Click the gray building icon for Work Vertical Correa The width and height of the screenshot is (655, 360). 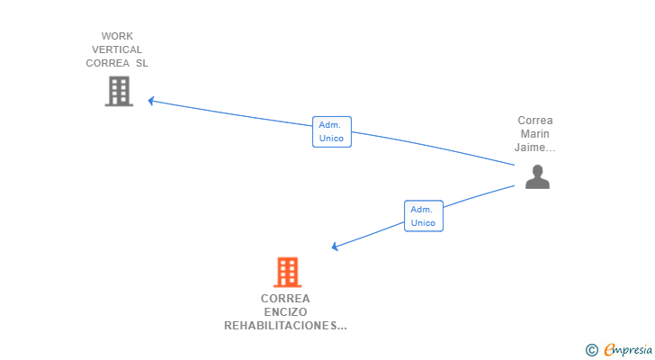pos(119,91)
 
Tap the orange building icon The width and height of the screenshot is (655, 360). pos(287,273)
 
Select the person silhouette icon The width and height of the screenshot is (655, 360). pos(537,177)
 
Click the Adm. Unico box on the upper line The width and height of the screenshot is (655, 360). pos(332,131)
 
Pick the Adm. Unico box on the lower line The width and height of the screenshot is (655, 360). pos(424,216)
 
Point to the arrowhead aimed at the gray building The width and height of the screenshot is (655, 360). pos(151,101)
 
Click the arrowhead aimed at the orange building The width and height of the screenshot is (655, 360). pos(335,247)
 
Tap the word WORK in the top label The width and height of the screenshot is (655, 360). pos(117,36)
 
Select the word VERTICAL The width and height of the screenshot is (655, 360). pos(117,49)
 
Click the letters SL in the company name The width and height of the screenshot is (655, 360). pos(142,64)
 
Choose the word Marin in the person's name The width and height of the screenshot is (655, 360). pos(535,134)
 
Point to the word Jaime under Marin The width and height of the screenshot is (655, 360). pos(531,148)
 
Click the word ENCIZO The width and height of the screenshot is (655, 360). pos(285,312)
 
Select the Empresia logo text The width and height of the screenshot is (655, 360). pos(628,349)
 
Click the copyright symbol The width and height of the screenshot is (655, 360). pos(591,350)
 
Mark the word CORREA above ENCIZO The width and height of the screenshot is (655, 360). pos(285,299)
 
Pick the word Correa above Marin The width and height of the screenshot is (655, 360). pos(535,121)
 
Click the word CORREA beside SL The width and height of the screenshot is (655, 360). pos(108,64)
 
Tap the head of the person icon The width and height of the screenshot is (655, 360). pos(538,171)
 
